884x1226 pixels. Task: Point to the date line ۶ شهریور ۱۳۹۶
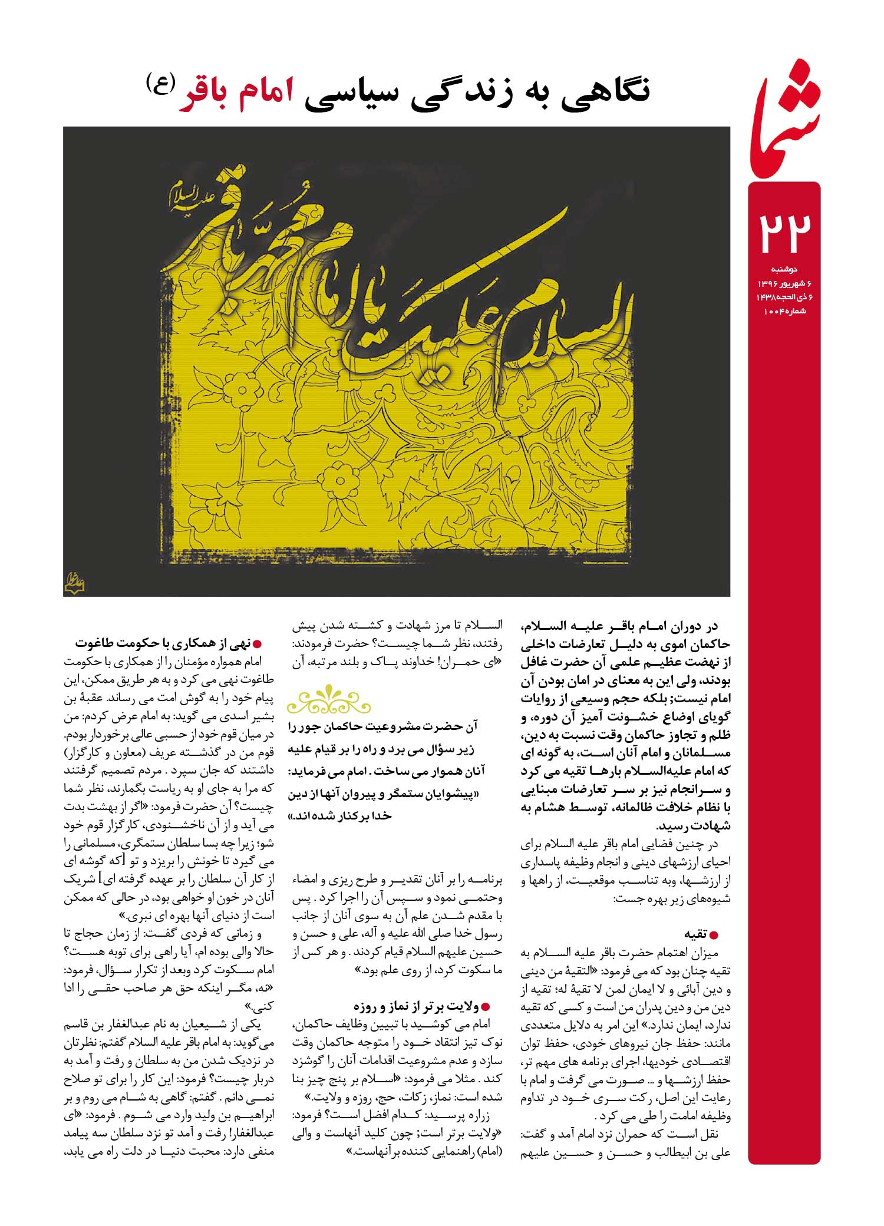point(780,284)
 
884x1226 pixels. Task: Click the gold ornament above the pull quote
point(330,699)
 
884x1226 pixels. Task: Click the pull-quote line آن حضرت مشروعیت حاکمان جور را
point(383,728)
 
